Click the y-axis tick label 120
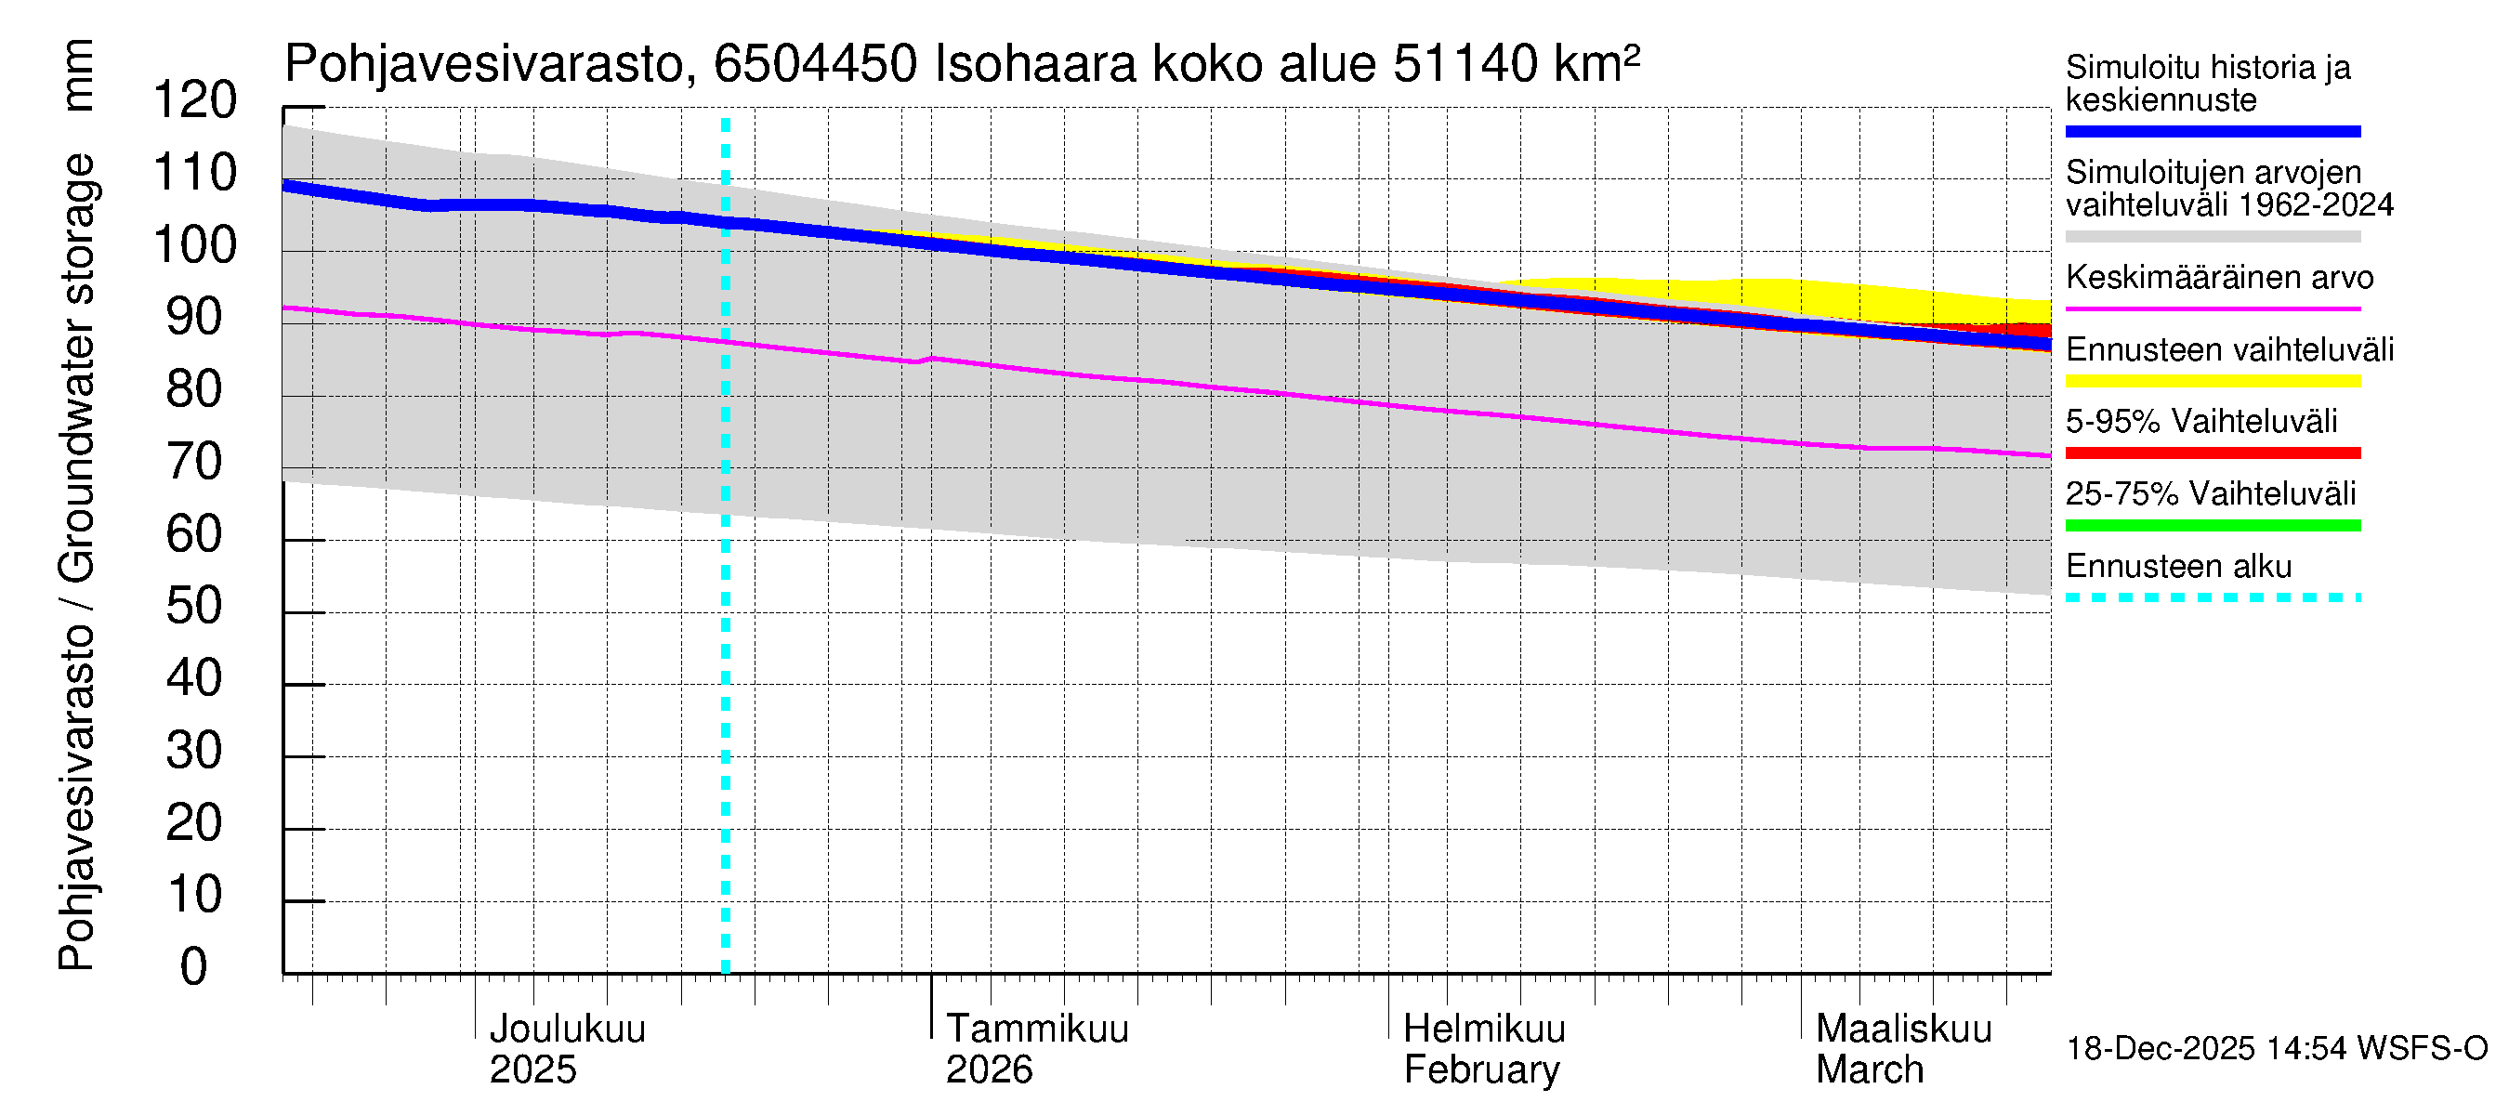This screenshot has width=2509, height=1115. point(195,100)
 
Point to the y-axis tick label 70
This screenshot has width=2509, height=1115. point(195,462)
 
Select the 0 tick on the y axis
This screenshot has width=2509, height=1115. point(194,967)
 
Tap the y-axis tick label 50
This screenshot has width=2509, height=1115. point(195,607)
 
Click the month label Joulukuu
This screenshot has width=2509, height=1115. point(567,1029)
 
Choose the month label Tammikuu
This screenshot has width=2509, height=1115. point(1037,1029)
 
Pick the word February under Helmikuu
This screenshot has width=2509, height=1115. point(1481,1070)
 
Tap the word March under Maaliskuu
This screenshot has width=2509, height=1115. point(1869,1070)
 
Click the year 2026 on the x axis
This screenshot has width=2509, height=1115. point(989,1070)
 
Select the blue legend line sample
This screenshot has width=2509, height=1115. point(2213,131)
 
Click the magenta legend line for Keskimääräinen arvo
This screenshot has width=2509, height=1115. point(2213,308)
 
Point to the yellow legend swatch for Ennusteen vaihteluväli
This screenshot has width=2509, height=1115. point(2213,381)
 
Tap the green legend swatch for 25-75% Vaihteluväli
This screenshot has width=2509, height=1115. point(2213,526)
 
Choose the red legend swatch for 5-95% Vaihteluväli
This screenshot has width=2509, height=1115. point(2213,453)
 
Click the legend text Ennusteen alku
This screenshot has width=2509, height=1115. point(2179,567)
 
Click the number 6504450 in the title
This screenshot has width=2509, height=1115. point(815,64)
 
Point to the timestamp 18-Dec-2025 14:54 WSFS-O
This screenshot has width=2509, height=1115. point(2276,1049)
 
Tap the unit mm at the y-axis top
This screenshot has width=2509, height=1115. point(77,75)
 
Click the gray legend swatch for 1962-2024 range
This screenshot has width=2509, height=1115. point(2213,237)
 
